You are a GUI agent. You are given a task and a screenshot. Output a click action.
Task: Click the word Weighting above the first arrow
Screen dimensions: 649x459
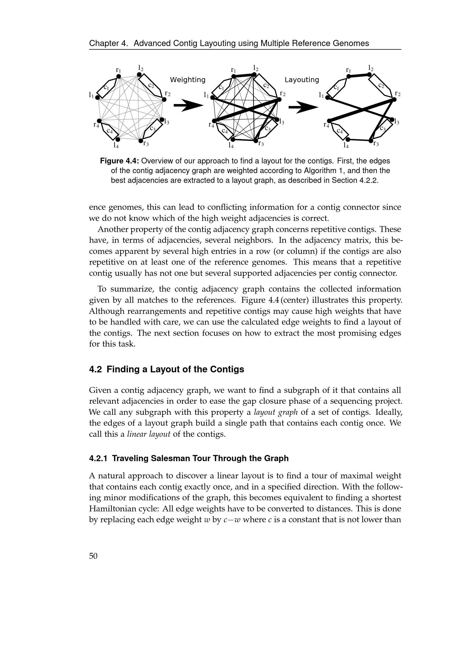(x=187, y=80)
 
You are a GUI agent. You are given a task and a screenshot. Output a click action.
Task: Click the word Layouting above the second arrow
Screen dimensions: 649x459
(x=302, y=80)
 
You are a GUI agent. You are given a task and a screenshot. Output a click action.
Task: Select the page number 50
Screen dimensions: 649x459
(x=93, y=556)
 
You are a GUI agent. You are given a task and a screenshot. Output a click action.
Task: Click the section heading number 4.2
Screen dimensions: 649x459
(x=95, y=369)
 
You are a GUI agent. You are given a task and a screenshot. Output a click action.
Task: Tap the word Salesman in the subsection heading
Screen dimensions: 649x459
(x=167, y=458)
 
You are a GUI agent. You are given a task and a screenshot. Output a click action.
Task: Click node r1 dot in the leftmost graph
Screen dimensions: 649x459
(x=119, y=76)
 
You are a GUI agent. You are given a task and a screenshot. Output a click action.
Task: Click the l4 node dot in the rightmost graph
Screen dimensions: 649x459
(x=348, y=139)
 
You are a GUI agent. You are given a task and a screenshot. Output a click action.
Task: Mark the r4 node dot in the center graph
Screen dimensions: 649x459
(x=214, y=121)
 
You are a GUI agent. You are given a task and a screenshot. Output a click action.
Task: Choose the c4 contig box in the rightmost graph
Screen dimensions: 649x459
(x=340, y=131)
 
